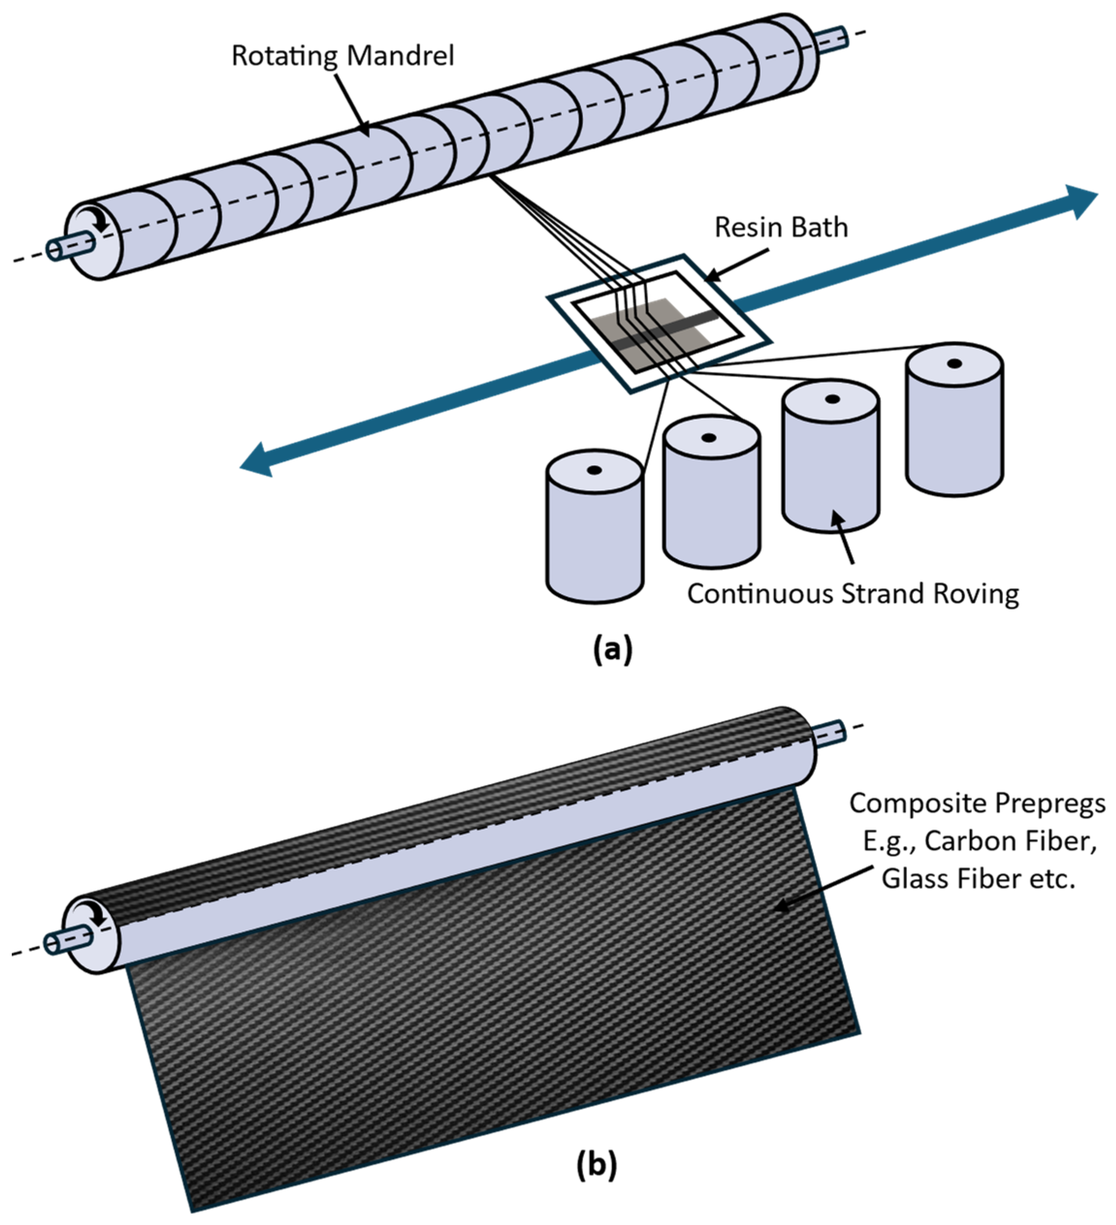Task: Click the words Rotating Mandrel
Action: [342, 56]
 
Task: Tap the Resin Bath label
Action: [781, 227]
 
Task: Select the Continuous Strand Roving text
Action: [853, 594]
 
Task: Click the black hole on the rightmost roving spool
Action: [954, 363]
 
